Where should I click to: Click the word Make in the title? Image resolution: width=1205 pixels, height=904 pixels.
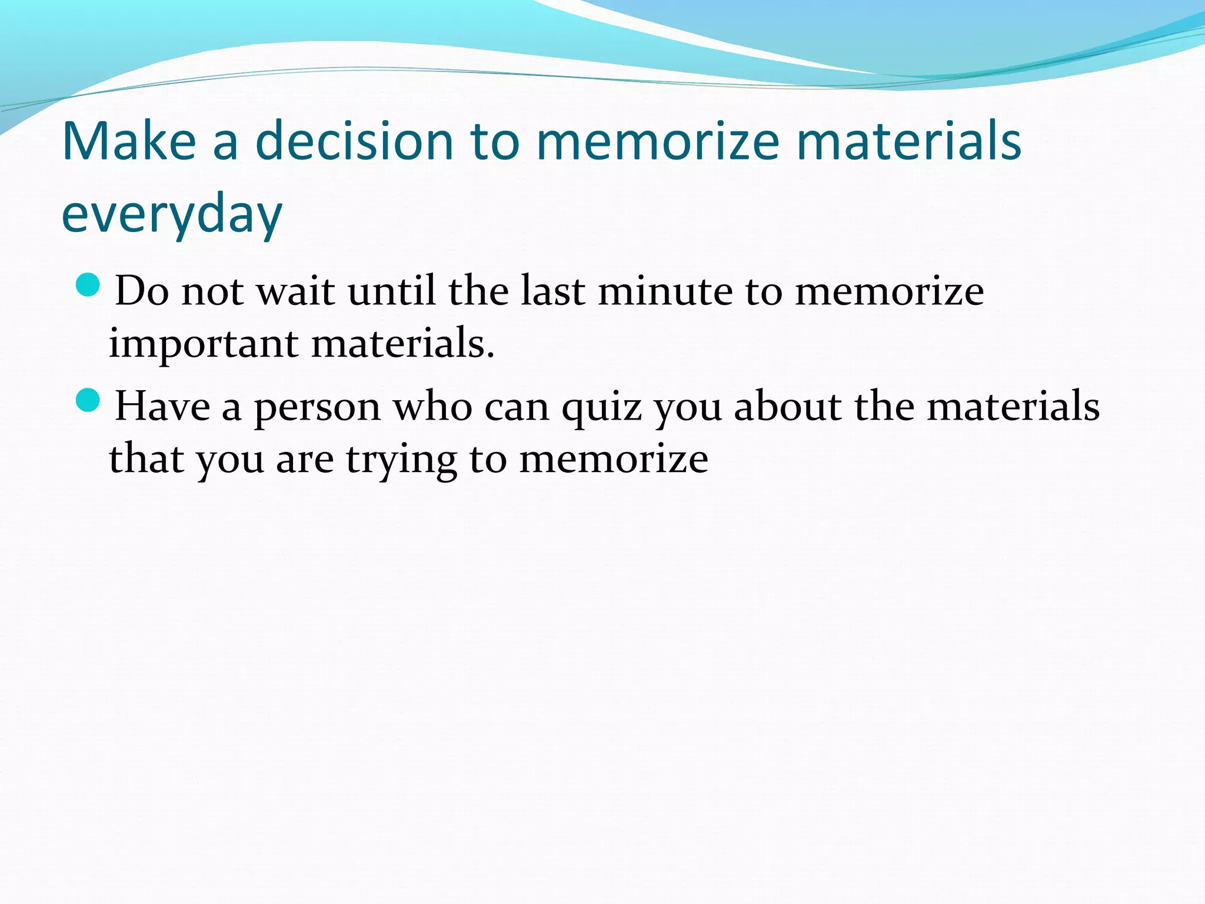coord(128,141)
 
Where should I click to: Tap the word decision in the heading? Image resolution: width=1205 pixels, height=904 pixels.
coord(354,141)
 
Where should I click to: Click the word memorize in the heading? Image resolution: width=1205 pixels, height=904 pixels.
coord(658,141)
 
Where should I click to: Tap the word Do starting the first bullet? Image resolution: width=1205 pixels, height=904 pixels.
coord(142,291)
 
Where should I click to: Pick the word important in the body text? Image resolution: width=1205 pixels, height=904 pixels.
coord(203,344)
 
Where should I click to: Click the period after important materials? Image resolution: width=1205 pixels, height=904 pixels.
coord(490,355)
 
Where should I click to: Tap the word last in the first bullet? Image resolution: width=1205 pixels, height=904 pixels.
coord(552,291)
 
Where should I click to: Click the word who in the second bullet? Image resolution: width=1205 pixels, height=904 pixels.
coord(432,406)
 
